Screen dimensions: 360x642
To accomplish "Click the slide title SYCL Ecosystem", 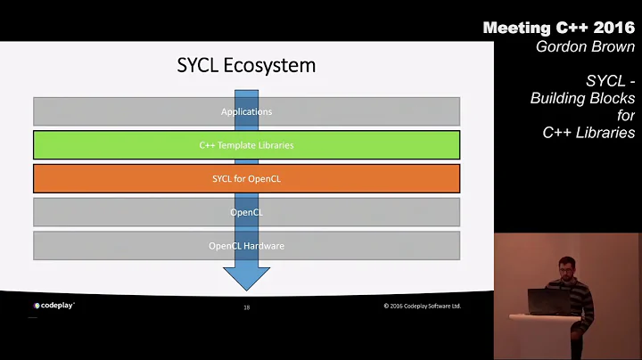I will click(x=246, y=65).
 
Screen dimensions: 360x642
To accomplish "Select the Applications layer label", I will click(x=246, y=111).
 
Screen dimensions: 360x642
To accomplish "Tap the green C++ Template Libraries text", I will click(x=246, y=144).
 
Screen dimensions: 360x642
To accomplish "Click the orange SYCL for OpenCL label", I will click(x=246, y=178).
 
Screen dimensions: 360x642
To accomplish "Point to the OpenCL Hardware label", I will click(x=246, y=245).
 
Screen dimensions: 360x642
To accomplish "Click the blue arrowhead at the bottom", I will click(x=246, y=278).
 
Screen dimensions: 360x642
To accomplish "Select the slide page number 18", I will click(x=246, y=307).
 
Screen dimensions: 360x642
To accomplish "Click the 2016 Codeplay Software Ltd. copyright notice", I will click(x=422, y=307).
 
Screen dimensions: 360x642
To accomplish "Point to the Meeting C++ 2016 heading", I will click(x=560, y=28).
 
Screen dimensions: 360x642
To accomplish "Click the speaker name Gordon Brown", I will click(x=585, y=46).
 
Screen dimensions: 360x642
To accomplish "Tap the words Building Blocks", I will click(x=582, y=98).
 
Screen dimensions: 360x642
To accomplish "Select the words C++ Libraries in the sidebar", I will click(x=588, y=133).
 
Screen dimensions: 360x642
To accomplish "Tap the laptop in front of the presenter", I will click(x=542, y=302).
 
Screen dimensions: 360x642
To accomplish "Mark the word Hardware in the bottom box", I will click(x=263, y=245).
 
